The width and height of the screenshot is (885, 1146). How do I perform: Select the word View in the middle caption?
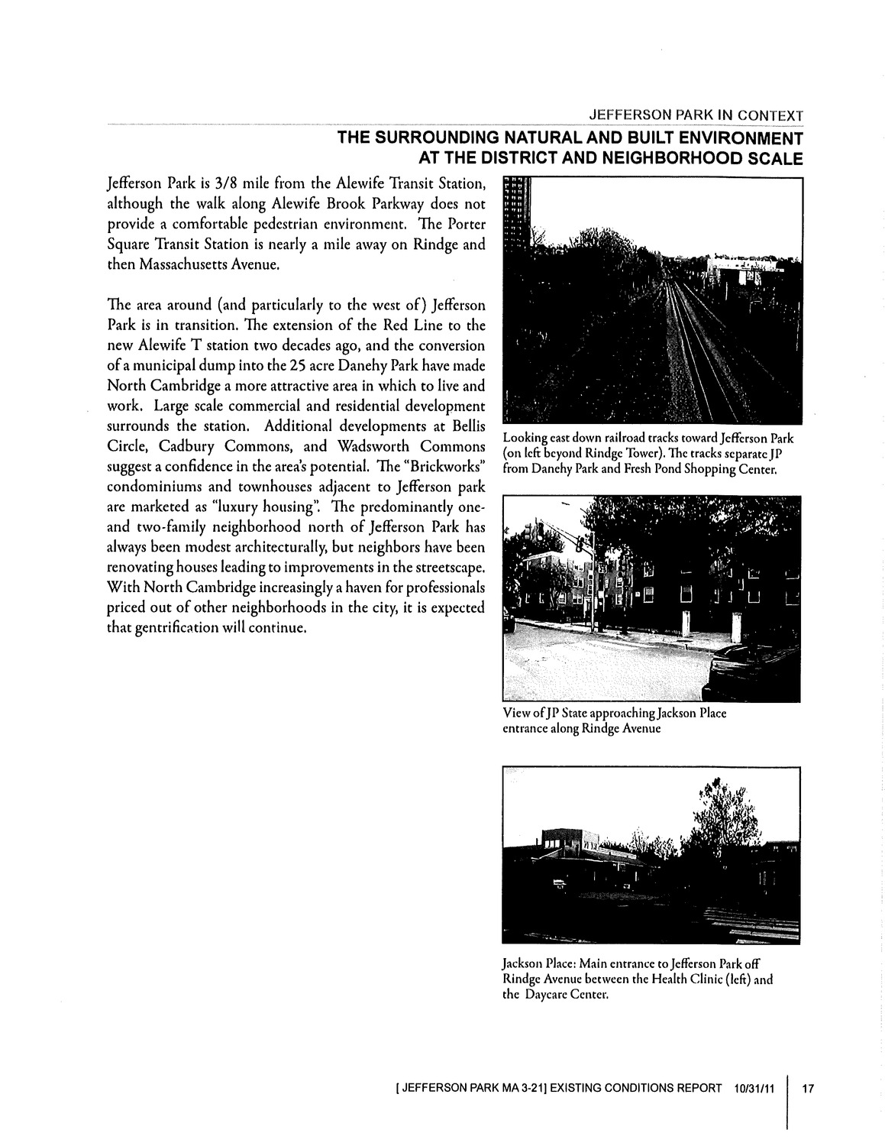(x=515, y=713)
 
